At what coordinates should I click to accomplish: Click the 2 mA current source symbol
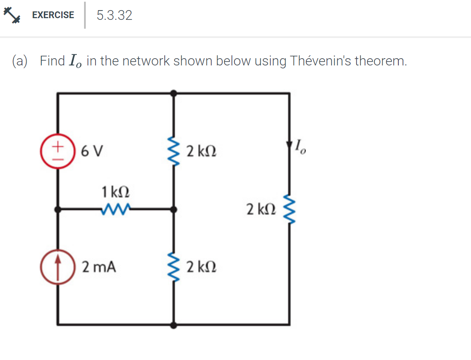pos(58,267)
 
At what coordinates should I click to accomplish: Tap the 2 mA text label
pos(99,267)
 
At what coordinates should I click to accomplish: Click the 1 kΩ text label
pos(115,192)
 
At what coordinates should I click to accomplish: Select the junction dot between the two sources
pos(58,208)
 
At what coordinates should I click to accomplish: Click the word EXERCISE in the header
pos(53,15)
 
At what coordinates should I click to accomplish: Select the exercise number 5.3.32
pos(114,16)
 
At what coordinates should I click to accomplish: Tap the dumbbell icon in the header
pos(11,15)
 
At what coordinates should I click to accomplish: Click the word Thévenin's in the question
pos(321,61)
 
